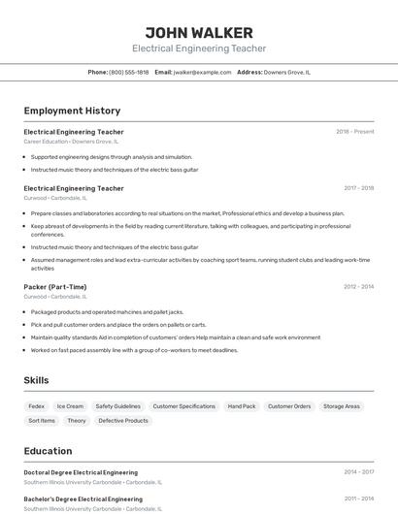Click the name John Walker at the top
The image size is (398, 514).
pyautogui.click(x=199, y=32)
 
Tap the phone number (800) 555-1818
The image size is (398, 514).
pyautogui.click(x=129, y=72)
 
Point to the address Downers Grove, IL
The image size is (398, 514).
pyautogui.click(x=287, y=72)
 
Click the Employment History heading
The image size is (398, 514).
pyautogui.click(x=72, y=111)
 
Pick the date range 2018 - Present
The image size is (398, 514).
pyautogui.click(x=354, y=132)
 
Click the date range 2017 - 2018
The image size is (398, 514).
pyautogui.click(x=358, y=188)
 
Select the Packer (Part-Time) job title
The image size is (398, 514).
pyautogui.click(x=55, y=287)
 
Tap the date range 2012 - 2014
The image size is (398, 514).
pyautogui.click(x=358, y=287)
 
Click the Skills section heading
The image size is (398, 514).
pyautogui.click(x=36, y=380)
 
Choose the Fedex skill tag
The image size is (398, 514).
pyautogui.click(x=36, y=406)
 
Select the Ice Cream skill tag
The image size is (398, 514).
pyautogui.click(x=70, y=406)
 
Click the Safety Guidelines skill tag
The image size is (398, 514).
pyautogui.click(x=117, y=406)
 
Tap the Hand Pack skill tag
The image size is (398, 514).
pyautogui.click(x=242, y=406)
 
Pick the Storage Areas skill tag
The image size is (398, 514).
pyautogui.click(x=342, y=406)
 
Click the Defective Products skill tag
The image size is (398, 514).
pyautogui.click(x=123, y=421)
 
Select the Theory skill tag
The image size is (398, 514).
pyautogui.click(x=77, y=421)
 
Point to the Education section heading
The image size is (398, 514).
pyautogui.click(x=48, y=451)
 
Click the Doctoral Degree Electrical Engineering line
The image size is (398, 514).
pyautogui.click(x=81, y=472)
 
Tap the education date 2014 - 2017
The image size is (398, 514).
pyautogui.click(x=358, y=472)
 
